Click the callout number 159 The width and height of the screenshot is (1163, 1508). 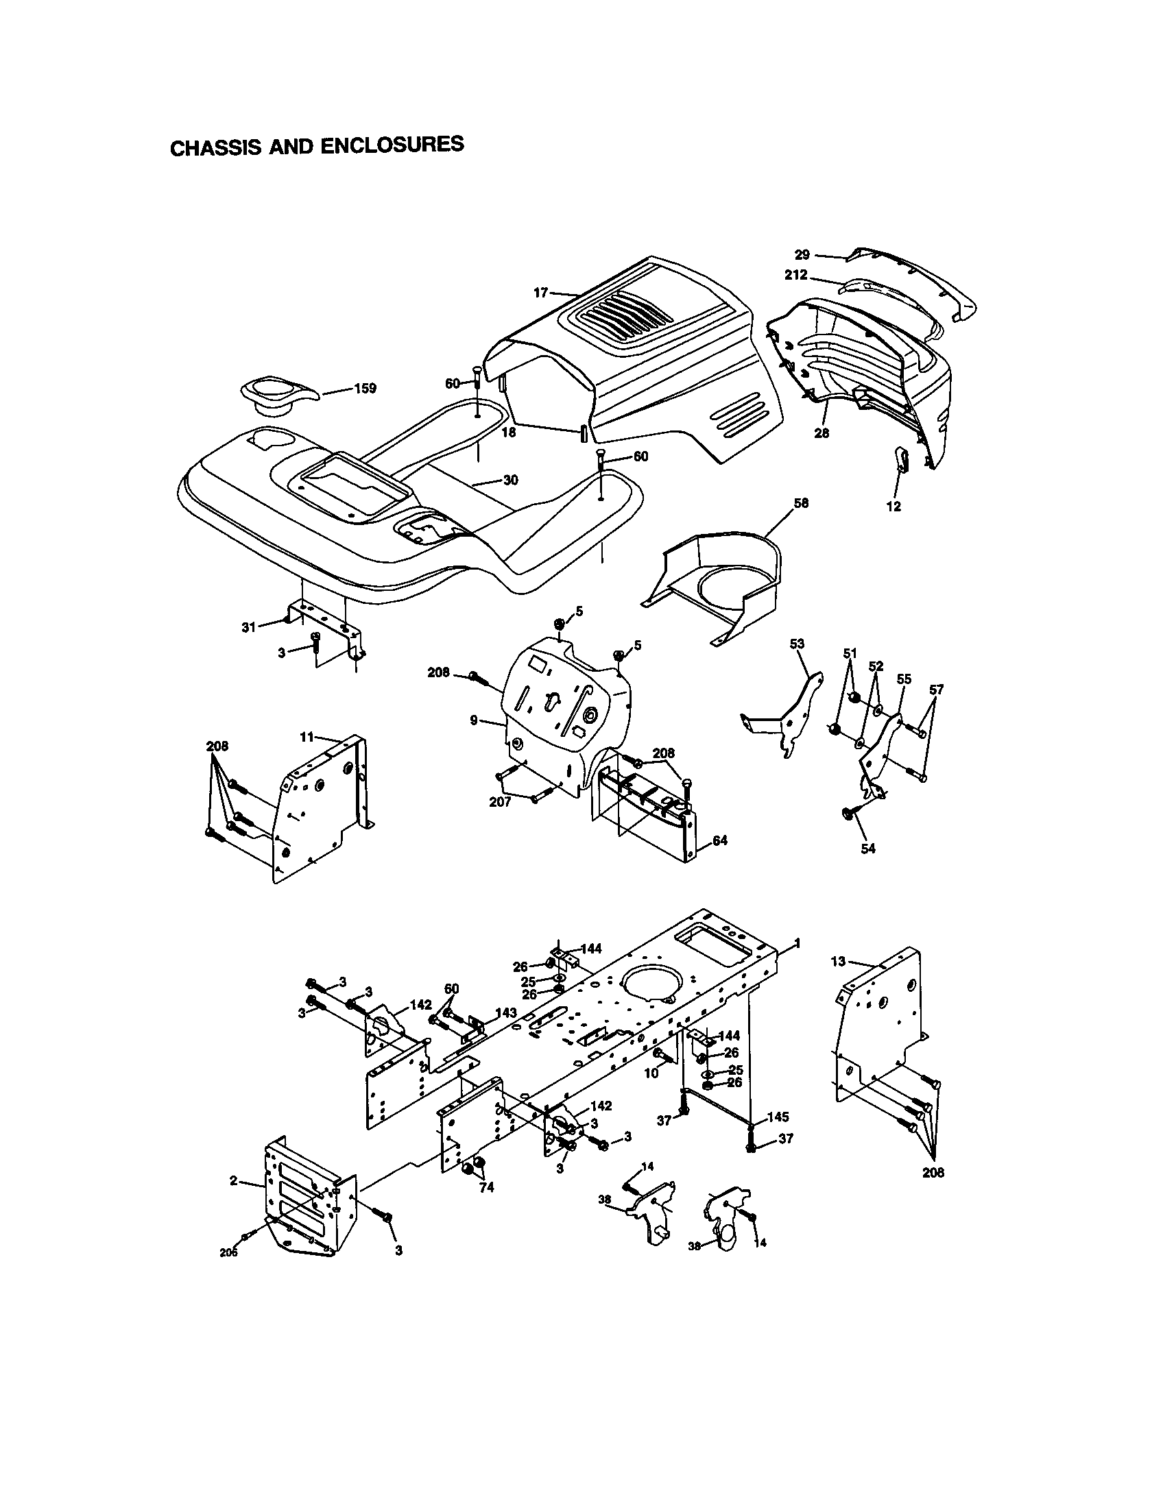(x=365, y=388)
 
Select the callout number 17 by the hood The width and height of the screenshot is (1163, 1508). (x=541, y=293)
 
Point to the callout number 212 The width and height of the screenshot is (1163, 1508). (x=795, y=275)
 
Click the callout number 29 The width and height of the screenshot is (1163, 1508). (x=802, y=254)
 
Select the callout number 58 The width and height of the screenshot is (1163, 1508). (x=801, y=503)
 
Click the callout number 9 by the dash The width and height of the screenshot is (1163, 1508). (x=474, y=720)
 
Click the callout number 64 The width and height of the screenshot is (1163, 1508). (x=719, y=840)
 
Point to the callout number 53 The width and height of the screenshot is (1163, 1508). (x=797, y=644)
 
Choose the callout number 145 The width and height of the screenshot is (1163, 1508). (x=778, y=1117)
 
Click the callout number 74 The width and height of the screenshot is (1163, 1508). (x=487, y=1189)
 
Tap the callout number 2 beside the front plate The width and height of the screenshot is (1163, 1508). (x=234, y=1181)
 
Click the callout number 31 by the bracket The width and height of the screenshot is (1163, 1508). (x=248, y=627)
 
